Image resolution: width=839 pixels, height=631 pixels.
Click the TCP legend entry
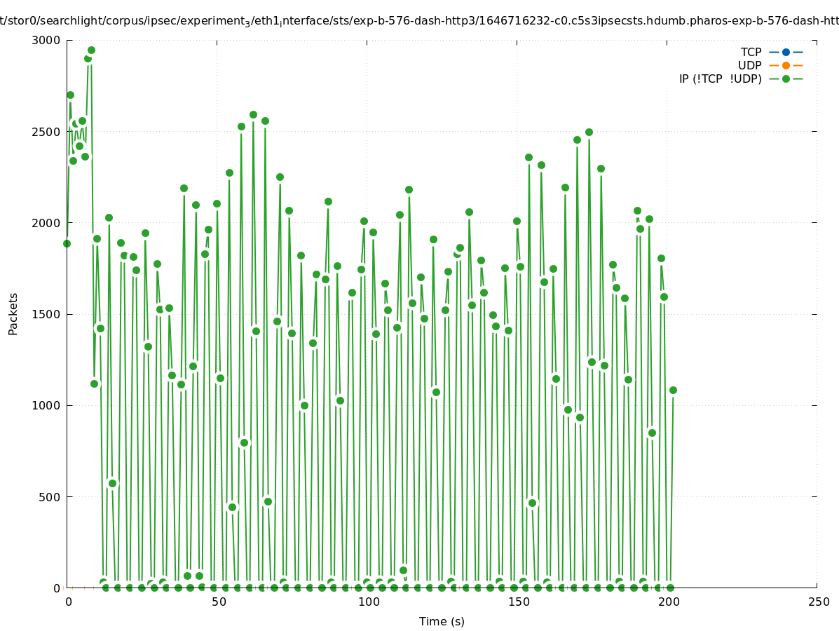751,52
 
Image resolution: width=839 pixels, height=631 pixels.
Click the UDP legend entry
749,65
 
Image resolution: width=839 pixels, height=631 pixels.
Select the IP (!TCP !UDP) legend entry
720,79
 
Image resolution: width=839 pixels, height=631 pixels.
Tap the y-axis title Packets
13,314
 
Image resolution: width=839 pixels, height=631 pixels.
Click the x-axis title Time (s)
442,621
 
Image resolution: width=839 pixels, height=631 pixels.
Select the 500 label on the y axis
50,497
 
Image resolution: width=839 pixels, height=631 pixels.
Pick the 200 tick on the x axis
667,602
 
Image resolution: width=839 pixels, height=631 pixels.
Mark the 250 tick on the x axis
818,602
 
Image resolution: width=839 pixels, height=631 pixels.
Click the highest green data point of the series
91,50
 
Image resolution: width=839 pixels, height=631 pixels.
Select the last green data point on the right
673,390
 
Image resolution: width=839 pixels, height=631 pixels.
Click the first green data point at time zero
67,243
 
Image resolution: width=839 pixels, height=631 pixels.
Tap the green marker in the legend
786,79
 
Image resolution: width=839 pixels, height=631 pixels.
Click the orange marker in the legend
786,65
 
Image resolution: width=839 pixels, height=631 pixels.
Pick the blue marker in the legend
786,52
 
